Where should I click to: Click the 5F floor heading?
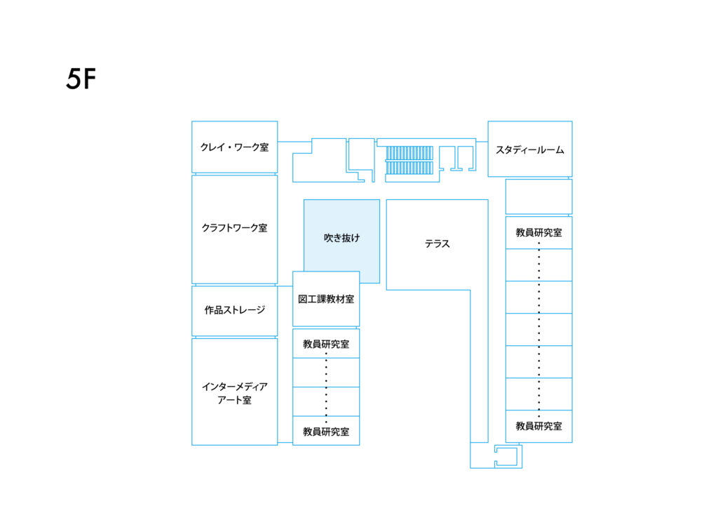coord(81,79)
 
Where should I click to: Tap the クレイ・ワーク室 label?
coord(234,147)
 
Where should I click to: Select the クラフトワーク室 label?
coord(234,228)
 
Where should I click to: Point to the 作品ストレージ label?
coord(234,309)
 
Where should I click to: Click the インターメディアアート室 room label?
coord(234,393)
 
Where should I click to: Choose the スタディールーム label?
coord(530,150)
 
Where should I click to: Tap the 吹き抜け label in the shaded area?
coord(341,238)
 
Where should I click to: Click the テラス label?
coord(438,243)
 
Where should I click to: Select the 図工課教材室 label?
coord(326,299)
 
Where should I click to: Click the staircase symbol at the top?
coord(409,160)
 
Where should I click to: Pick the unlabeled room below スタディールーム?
coord(538,196)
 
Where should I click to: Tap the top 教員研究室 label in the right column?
coord(539,232)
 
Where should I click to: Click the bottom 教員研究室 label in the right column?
coord(539,426)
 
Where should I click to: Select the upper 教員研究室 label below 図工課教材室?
coord(326,344)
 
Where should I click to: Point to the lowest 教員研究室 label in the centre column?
coord(326,432)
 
